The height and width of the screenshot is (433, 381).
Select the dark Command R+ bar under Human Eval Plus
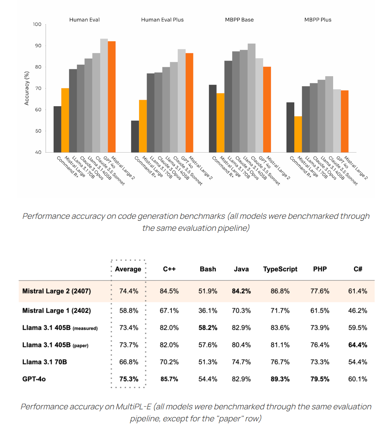point(135,137)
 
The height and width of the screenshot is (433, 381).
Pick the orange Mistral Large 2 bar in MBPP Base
point(267,110)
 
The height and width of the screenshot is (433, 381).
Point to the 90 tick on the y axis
point(38,46)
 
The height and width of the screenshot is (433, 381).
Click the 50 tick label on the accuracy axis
point(38,131)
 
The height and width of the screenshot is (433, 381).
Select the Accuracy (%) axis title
point(27,88)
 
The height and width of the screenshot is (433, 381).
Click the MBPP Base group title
point(239,20)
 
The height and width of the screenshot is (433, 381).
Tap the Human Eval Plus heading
point(162,20)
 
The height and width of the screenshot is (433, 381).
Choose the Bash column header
point(208,269)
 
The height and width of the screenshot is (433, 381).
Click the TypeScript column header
point(280,269)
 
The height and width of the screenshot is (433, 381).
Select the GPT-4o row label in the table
point(34,379)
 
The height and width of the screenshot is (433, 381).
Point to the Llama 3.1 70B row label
point(45,362)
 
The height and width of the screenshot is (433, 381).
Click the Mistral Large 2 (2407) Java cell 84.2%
point(241,291)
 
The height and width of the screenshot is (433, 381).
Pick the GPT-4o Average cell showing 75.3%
point(129,379)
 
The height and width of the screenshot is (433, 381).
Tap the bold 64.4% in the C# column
point(358,345)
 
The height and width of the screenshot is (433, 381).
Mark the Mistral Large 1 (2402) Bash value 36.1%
point(208,311)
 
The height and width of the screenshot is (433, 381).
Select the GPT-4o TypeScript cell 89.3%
point(280,379)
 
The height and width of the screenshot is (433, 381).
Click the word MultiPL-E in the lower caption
point(133,407)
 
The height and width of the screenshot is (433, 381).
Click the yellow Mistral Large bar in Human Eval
point(65,120)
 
